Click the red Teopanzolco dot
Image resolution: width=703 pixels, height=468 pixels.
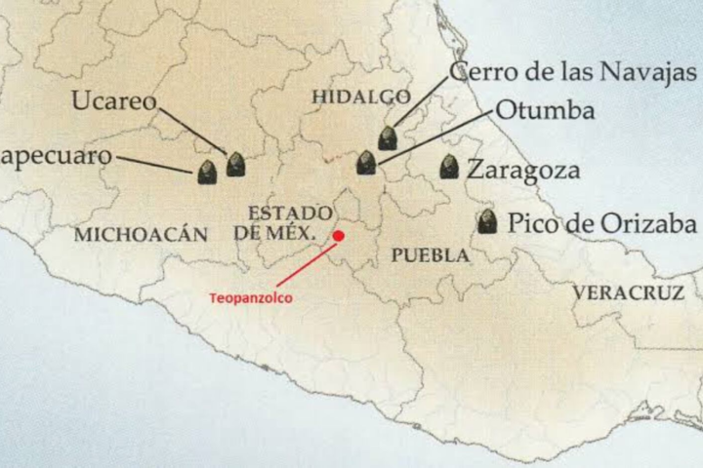pos(339,235)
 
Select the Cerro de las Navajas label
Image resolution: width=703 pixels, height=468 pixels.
pos(573,72)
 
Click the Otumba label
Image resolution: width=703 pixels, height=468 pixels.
pos(545,110)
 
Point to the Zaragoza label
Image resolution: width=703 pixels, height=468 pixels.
pos(523,170)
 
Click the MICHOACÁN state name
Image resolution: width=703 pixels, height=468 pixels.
pos(141,234)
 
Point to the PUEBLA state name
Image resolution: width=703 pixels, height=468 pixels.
pos(430,255)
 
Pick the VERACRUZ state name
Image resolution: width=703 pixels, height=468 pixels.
pos(623,292)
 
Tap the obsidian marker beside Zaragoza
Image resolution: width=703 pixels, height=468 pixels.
pos(449,167)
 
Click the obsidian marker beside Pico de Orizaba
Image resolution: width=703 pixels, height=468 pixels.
pos(487,221)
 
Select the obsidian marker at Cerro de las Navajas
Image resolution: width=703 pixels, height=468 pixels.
pos(388,137)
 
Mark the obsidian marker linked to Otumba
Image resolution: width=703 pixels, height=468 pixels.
pos(366,163)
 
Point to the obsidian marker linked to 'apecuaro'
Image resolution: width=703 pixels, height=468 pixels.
pos(207,173)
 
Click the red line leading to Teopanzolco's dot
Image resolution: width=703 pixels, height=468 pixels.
pos(306,263)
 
